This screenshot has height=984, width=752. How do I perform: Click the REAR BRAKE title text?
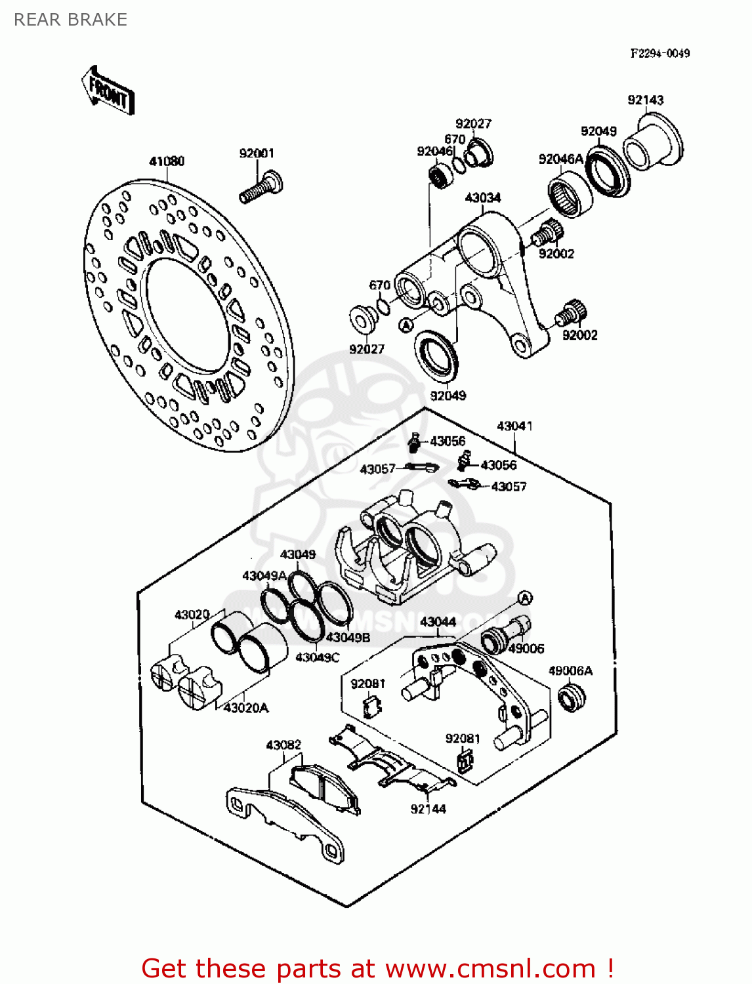70,20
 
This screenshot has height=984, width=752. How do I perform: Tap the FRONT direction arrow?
109,92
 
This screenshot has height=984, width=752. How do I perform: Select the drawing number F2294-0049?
659,54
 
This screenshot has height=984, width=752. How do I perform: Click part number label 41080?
167,161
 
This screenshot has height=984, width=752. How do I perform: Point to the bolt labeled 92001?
261,186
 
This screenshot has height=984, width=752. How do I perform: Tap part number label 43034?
482,197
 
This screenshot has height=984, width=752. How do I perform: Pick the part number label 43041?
514,426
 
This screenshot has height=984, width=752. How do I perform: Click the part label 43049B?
348,637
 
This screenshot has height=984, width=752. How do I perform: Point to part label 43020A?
246,708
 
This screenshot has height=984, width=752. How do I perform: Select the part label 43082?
283,745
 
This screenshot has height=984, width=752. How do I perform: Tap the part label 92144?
428,809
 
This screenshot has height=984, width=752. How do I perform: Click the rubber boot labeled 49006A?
571,697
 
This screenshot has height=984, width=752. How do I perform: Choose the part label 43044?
438,621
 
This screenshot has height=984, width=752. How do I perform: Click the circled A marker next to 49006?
524,598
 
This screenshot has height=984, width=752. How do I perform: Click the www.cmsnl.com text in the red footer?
490,968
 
